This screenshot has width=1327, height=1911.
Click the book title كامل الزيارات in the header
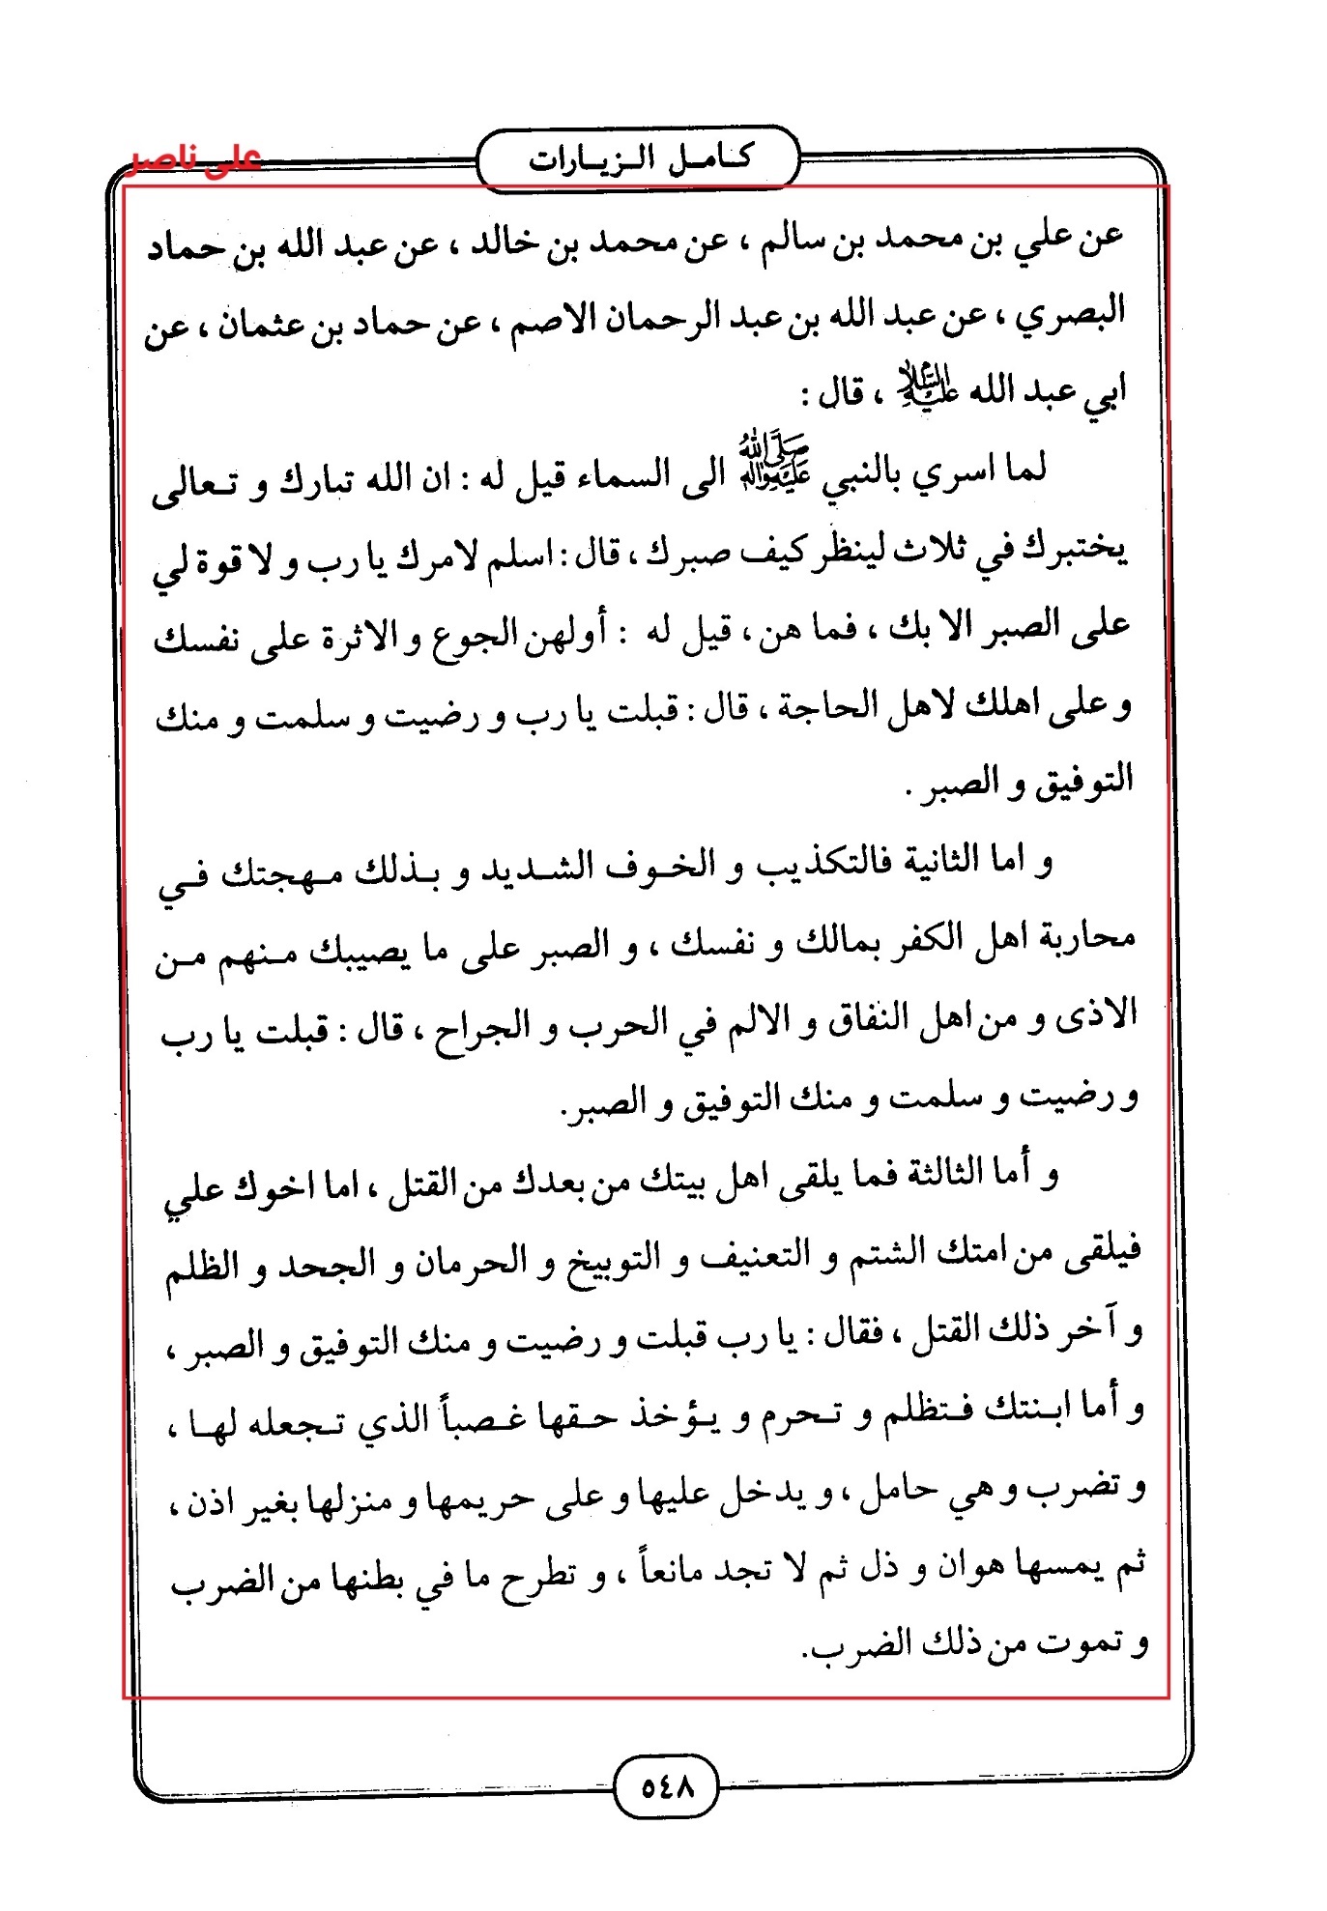639,157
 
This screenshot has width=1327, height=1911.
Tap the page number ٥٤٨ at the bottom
667,1786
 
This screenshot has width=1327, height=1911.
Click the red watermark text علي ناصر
196,158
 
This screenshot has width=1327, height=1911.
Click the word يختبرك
1077,550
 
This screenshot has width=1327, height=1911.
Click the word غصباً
477,1414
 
